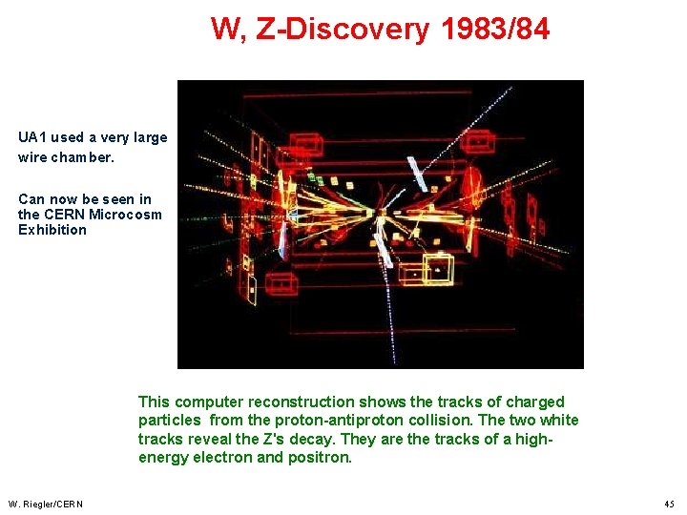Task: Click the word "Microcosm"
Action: coord(125,215)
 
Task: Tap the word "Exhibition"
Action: coord(52,230)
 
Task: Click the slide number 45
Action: coord(668,504)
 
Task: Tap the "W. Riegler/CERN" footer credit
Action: coord(46,504)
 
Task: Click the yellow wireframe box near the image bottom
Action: coord(439,270)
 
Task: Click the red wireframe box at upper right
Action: coord(477,140)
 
